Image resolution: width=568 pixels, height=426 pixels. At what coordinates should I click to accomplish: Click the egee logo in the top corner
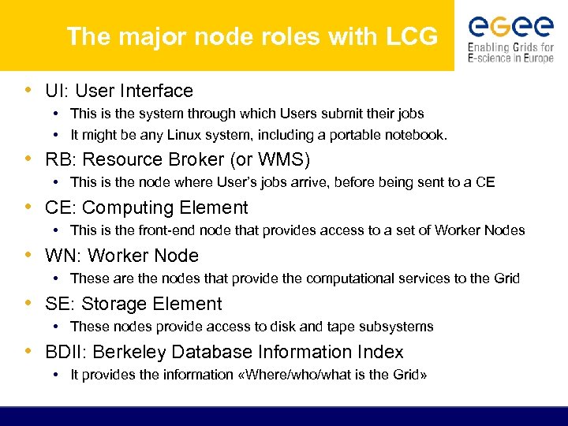click(510, 27)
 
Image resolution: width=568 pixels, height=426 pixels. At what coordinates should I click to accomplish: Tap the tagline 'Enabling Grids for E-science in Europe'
click(510, 53)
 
